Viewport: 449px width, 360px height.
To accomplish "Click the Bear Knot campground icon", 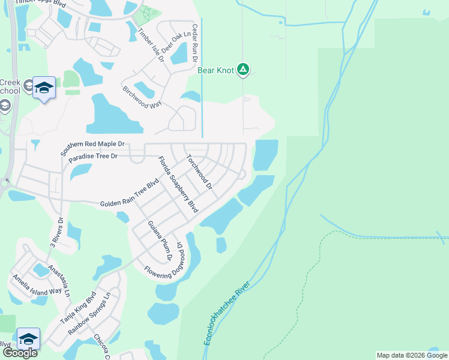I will point(243,70).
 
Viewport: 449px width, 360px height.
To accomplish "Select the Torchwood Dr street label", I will point(199,172).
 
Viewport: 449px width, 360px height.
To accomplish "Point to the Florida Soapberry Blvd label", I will point(178,185).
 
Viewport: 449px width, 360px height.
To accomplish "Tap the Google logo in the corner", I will point(19,353).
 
